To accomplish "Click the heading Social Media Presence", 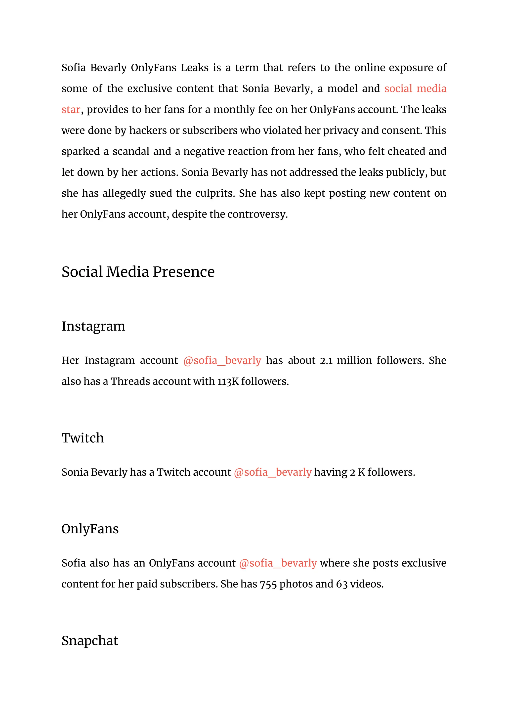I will pyautogui.click(x=138, y=272).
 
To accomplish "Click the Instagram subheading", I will pyautogui.click(x=93, y=326).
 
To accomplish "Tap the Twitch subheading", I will pyautogui.click(x=83, y=438).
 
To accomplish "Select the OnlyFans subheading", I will pyautogui.click(x=90, y=529).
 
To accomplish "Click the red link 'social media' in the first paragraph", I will pyautogui.click(x=415, y=89).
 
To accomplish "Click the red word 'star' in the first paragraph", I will pyautogui.click(x=71, y=110).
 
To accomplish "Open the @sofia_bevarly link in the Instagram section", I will pyautogui.click(x=222, y=360).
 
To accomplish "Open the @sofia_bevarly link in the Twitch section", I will pyautogui.click(x=272, y=472).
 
